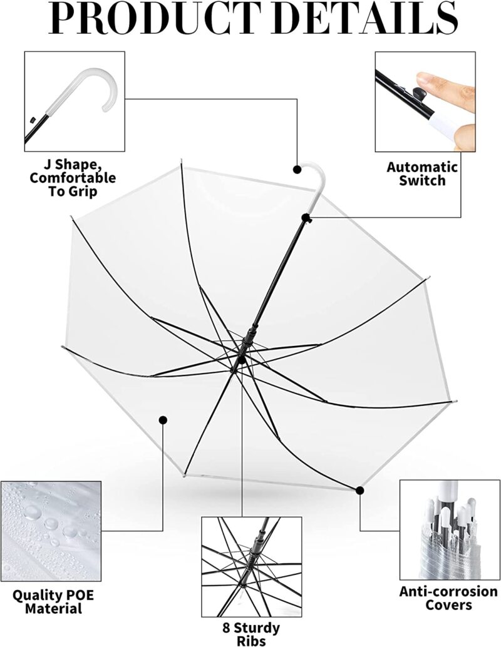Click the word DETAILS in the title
point(368,20)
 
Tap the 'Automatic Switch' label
point(421,174)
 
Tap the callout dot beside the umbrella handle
point(297,169)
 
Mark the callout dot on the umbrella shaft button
point(306,218)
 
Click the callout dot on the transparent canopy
point(163,420)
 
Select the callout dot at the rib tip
point(359,490)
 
